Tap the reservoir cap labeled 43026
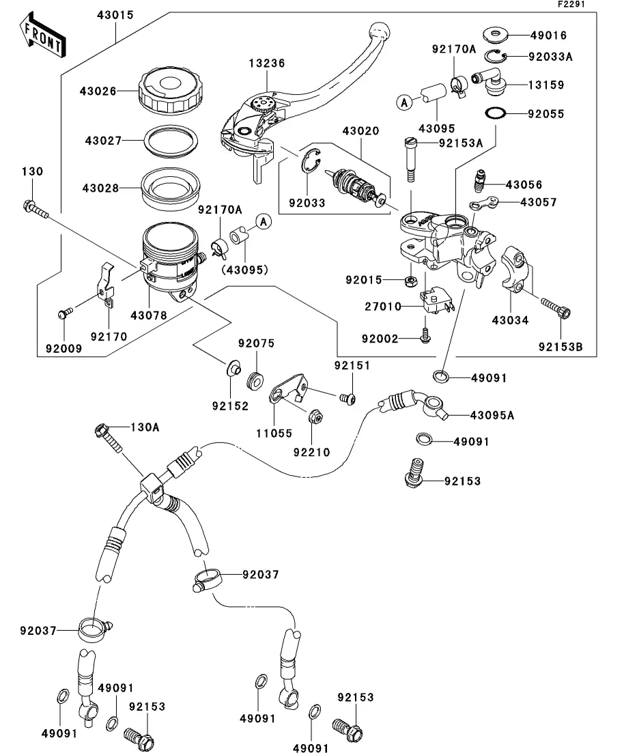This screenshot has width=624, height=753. (x=169, y=90)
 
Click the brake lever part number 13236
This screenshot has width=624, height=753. (x=266, y=63)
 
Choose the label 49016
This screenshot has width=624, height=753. (x=549, y=35)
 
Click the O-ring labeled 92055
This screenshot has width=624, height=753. (x=495, y=113)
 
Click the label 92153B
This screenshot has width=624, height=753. (x=560, y=347)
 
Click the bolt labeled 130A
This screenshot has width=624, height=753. (x=109, y=438)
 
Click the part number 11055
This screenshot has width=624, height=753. (x=274, y=433)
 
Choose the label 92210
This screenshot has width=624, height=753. (x=312, y=451)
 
